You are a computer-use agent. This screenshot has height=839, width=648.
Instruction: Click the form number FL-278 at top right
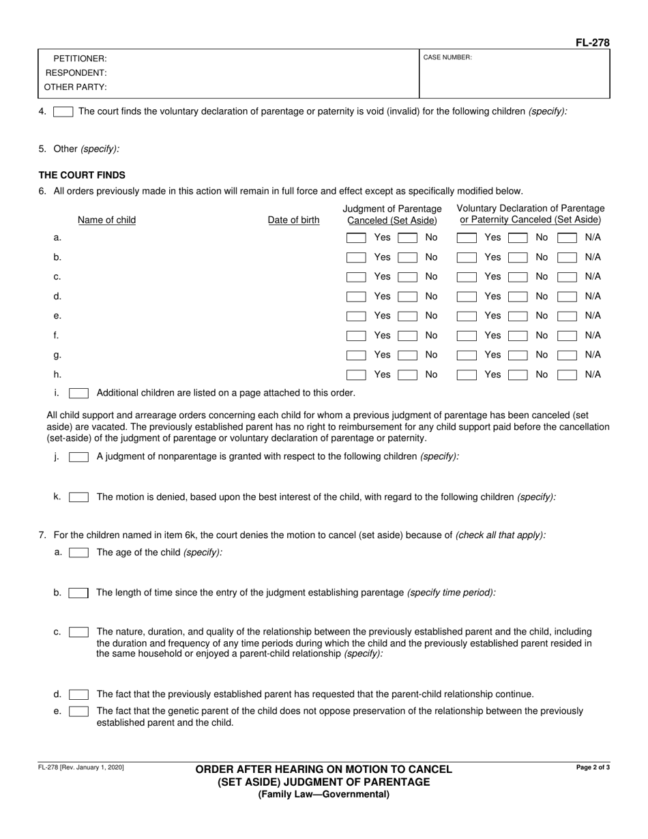[592, 42]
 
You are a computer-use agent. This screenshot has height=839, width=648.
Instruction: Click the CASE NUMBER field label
[447, 58]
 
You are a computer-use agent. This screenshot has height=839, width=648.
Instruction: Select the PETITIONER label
[80, 59]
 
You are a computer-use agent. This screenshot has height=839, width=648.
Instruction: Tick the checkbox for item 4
[63, 111]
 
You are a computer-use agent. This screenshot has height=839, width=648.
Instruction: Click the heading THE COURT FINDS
[82, 175]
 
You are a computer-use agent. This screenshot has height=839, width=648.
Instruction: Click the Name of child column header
[106, 220]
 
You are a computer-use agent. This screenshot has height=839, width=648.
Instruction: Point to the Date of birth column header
[293, 220]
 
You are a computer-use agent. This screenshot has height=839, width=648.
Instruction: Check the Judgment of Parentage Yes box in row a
[356, 238]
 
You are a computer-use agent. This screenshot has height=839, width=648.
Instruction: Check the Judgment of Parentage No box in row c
[407, 277]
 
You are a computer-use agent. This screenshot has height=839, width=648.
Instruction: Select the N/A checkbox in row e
[567, 316]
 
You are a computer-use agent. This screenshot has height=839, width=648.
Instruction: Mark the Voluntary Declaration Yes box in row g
[467, 355]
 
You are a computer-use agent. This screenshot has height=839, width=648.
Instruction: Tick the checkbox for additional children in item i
[78, 393]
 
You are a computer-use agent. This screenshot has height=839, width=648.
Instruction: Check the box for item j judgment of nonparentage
[78, 457]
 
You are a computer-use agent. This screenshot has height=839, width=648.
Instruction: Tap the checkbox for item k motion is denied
[78, 497]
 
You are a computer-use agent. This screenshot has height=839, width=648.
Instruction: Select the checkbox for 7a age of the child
[78, 553]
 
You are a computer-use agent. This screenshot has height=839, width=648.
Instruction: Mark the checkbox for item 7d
[78, 694]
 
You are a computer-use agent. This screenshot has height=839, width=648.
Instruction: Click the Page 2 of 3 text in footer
[593, 767]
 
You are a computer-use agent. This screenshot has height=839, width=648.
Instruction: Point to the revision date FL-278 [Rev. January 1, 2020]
[81, 767]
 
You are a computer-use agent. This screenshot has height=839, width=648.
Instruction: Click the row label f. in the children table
[57, 336]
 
